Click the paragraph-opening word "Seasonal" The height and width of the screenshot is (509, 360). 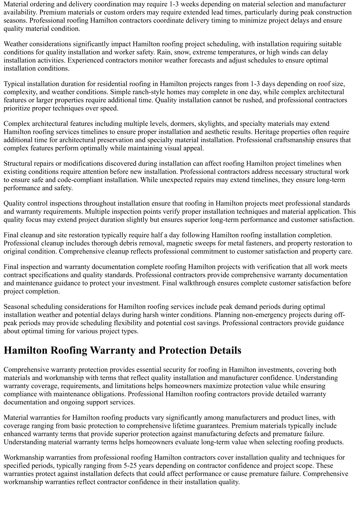tap(17, 307)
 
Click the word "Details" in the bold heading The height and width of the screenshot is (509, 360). tap(225, 350)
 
